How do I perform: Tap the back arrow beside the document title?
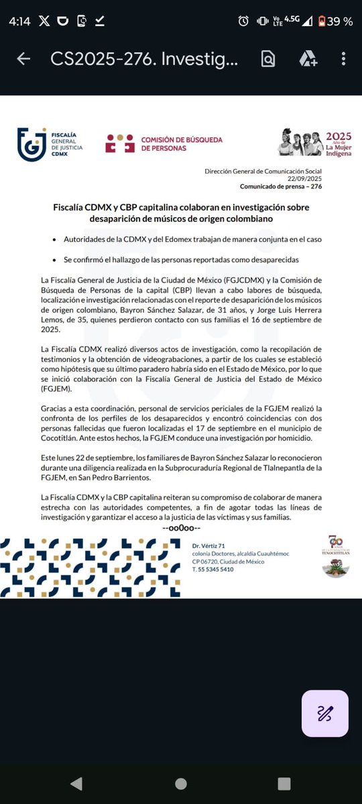pyautogui.click(x=23, y=59)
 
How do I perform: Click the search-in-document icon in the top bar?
pyautogui.click(x=268, y=59)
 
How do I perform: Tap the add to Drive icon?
pyautogui.click(x=308, y=59)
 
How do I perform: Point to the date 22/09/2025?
pyautogui.click(x=308, y=179)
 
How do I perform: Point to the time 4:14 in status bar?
pyautogui.click(x=19, y=21)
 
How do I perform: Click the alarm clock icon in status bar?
pyautogui.click(x=243, y=21)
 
